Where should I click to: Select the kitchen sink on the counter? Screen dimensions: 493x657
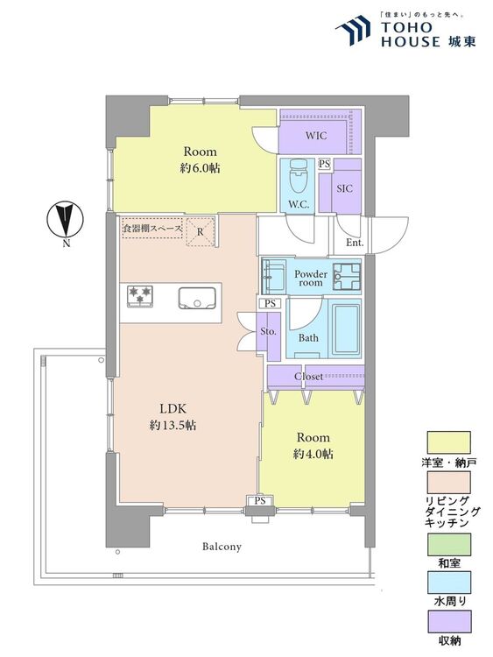pos(197,298)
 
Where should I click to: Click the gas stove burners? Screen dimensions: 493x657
pos(140,296)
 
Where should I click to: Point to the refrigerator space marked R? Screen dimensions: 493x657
pos(201,232)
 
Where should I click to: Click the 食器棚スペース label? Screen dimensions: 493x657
pos(152,229)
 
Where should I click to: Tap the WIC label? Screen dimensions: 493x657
pos(316,135)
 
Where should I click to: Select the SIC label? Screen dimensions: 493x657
pos(344,188)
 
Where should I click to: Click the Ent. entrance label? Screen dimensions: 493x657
pos(355,243)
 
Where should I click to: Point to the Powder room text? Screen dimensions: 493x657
pos(311,279)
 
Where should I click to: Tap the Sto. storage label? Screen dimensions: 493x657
pos(268,331)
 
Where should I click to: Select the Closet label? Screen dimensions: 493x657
pos(308,377)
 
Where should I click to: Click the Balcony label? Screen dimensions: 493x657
pos(222,547)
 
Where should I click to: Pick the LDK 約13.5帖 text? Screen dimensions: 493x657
pos(173,417)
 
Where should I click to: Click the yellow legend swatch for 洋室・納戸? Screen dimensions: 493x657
pos(448,442)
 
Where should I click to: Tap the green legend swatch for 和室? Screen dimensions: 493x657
pos(448,544)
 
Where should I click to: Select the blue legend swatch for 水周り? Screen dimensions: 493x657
pos(448,583)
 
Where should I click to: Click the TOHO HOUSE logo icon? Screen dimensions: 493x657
pos(353,30)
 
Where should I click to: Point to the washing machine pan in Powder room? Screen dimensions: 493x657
pos(347,277)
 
